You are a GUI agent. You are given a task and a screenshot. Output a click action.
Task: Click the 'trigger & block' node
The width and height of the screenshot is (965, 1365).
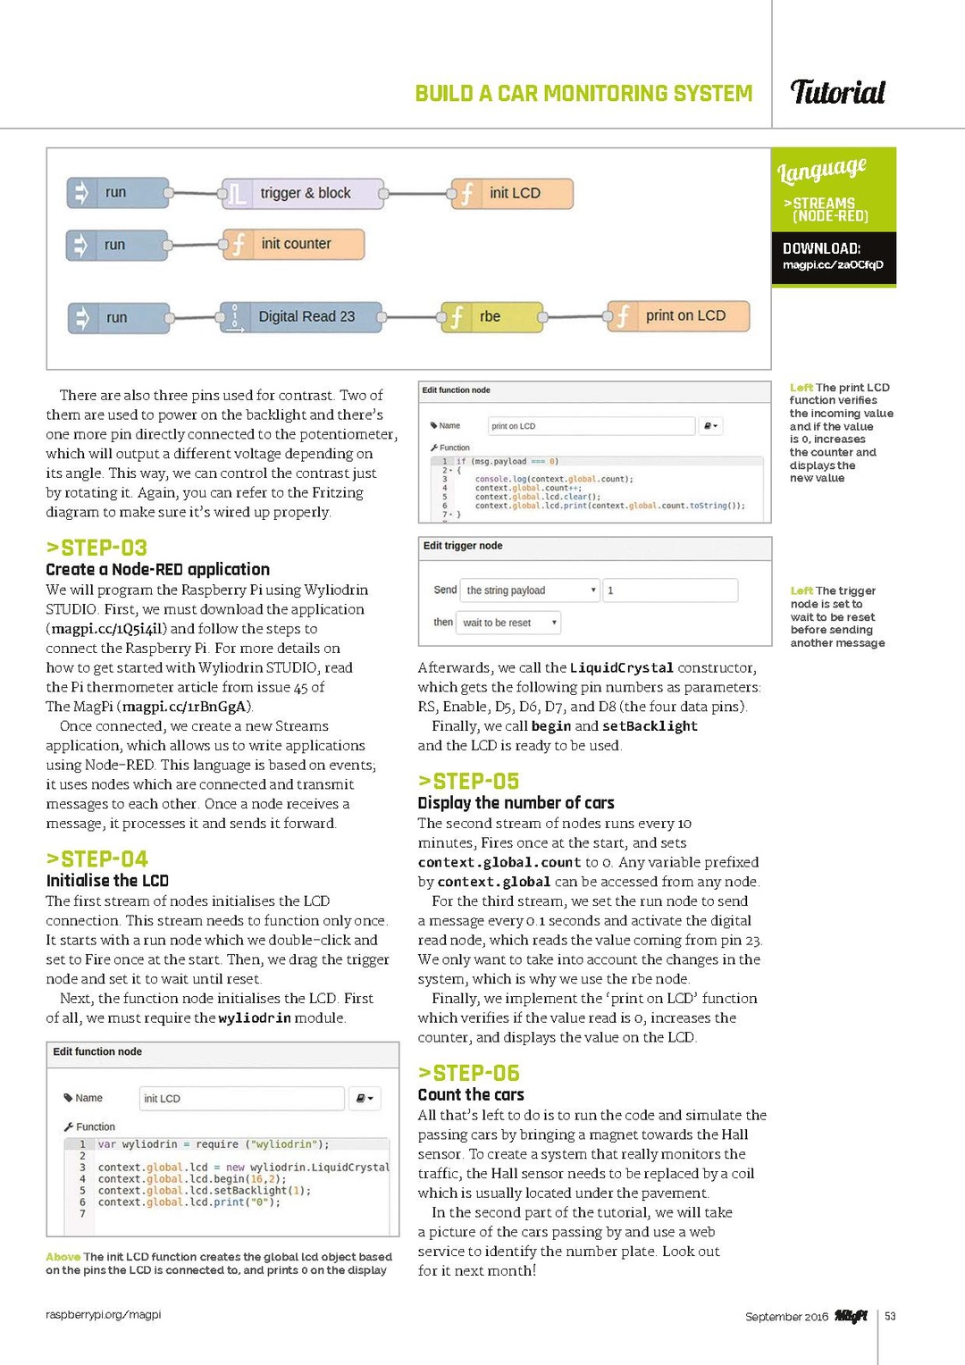(x=303, y=193)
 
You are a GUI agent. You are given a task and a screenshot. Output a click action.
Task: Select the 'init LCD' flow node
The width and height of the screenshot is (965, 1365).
(x=512, y=193)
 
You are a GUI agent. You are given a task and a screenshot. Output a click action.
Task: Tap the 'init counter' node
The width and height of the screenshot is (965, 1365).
(x=294, y=244)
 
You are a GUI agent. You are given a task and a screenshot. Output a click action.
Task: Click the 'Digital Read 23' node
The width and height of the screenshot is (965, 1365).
(x=303, y=316)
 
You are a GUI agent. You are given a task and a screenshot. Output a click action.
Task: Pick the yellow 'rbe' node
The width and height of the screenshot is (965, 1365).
(x=491, y=316)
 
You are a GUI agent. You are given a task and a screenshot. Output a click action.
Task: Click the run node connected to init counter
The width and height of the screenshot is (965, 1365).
(x=117, y=245)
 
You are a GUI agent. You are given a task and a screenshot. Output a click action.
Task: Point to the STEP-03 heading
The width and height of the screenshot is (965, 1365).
(x=96, y=548)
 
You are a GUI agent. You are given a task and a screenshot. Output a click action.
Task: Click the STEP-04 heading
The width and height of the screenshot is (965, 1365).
(x=96, y=859)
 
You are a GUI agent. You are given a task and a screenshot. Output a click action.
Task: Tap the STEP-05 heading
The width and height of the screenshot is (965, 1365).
(x=468, y=782)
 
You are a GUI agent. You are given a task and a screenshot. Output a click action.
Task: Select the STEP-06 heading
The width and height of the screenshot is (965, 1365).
(x=468, y=1073)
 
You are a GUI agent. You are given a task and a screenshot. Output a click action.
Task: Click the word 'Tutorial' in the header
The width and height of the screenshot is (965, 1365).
(x=837, y=92)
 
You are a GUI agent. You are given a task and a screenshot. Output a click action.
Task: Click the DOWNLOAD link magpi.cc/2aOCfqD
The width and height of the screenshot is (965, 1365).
(x=833, y=264)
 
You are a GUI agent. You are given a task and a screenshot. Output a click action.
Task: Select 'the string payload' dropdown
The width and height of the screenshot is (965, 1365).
(x=530, y=590)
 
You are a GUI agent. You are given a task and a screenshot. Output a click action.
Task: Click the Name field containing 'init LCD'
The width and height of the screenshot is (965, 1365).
(x=242, y=1098)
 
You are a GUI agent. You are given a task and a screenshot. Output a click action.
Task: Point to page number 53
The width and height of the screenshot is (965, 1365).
(x=890, y=1316)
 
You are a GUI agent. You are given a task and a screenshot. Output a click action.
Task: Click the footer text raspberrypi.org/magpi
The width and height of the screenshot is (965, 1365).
(x=104, y=1314)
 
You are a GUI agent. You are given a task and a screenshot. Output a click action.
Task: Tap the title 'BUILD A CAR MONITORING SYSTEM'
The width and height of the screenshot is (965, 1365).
(x=583, y=93)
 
